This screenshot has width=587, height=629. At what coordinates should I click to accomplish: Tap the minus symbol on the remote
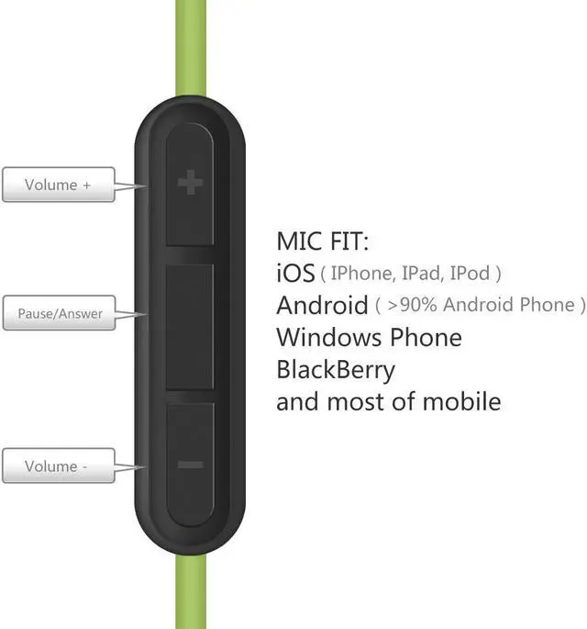[190, 466]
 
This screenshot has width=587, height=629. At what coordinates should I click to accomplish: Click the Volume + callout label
[58, 185]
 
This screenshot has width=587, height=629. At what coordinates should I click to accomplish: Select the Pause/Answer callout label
[60, 314]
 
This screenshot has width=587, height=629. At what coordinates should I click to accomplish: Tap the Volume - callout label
[57, 466]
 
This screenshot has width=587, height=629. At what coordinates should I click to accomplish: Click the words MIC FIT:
[322, 241]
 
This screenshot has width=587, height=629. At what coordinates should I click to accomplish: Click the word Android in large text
[322, 305]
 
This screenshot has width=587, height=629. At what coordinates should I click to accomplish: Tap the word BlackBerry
[336, 369]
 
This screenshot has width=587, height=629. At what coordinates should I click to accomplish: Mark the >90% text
[410, 305]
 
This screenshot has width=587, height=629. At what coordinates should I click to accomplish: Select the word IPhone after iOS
[363, 274]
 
